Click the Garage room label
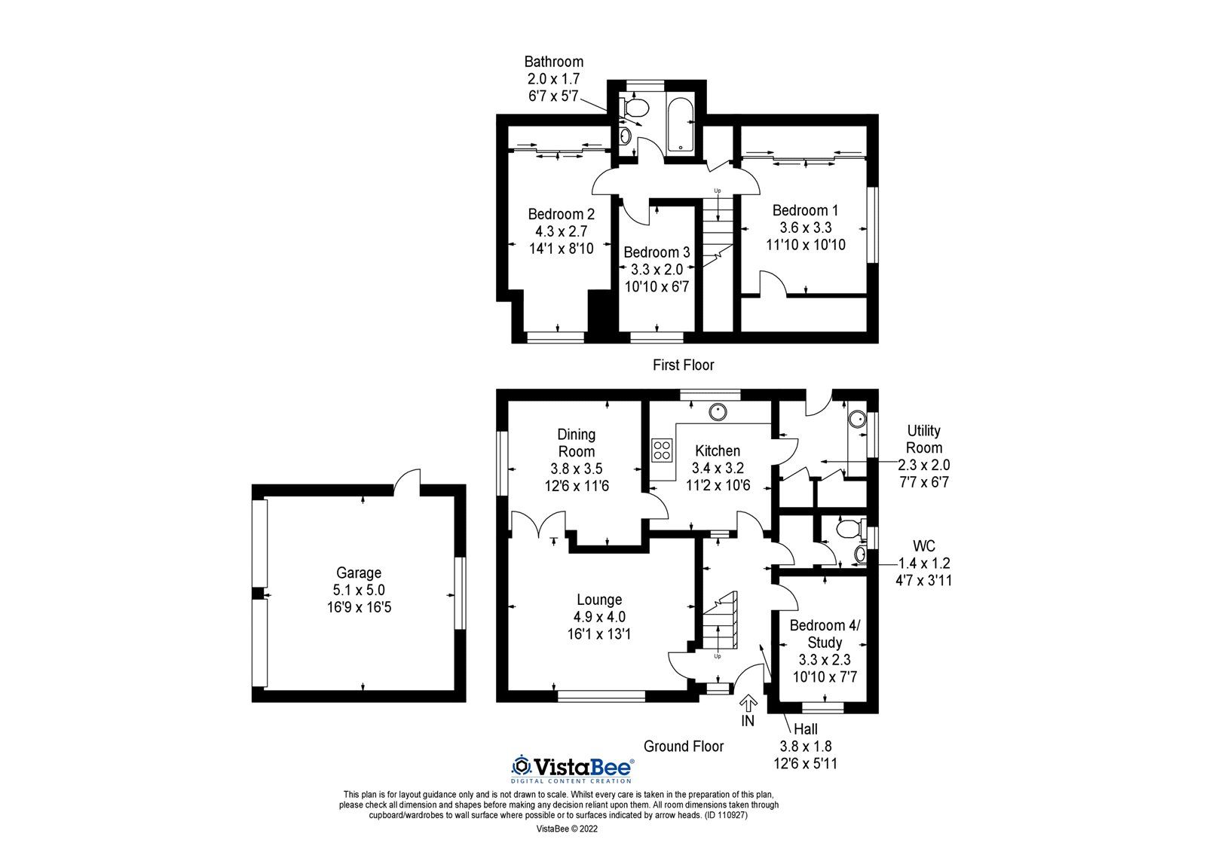pos(358,573)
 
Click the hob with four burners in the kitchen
pos(663,450)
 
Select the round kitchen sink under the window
pos(718,411)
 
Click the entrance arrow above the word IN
pos(748,704)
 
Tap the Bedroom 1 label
pos(804,210)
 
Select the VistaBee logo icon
pos(521,766)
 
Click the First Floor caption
pos(683,365)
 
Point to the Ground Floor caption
pos(683,746)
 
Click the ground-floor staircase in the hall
pos(720,621)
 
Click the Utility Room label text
pos(923,438)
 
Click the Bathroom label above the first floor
pos(553,62)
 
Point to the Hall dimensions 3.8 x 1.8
pos(805,746)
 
